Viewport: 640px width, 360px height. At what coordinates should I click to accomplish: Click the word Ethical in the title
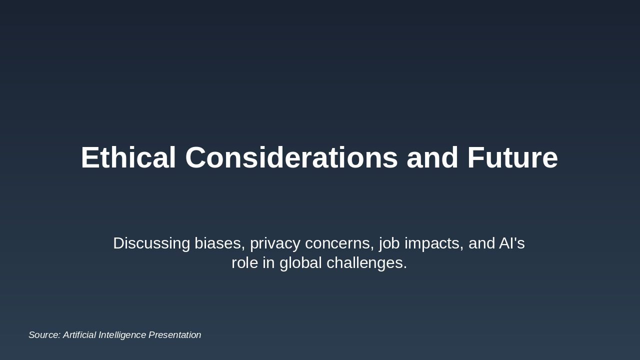point(128,158)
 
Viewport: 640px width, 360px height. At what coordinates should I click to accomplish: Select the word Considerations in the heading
point(291,158)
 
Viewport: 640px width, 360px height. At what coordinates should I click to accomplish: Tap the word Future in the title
point(512,158)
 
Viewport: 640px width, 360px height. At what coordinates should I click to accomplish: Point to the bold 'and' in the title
point(432,158)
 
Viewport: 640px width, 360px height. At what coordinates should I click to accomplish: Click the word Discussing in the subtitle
point(151,243)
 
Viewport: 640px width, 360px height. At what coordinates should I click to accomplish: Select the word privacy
point(275,243)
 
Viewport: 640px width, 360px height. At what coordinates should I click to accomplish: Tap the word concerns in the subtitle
point(339,243)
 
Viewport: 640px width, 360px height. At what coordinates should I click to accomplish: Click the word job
point(389,243)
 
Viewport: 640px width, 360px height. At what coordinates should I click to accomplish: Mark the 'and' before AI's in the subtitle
point(481,243)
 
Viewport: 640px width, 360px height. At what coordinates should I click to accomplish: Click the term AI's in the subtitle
point(512,243)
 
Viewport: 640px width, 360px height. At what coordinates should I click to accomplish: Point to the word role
point(244,263)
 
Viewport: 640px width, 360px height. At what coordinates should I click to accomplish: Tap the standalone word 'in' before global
point(268,263)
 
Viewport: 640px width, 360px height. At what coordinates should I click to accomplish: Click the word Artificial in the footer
point(79,335)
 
